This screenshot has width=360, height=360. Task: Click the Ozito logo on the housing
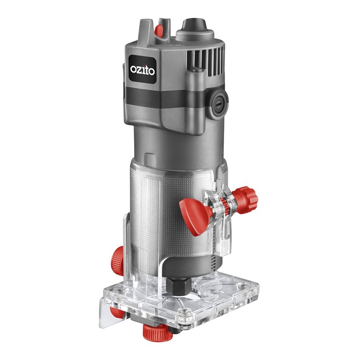(x=142, y=69)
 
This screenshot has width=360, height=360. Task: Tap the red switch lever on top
(x=159, y=30)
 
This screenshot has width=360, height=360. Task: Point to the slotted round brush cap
(x=220, y=104)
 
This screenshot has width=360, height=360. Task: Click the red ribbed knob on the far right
(x=246, y=200)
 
